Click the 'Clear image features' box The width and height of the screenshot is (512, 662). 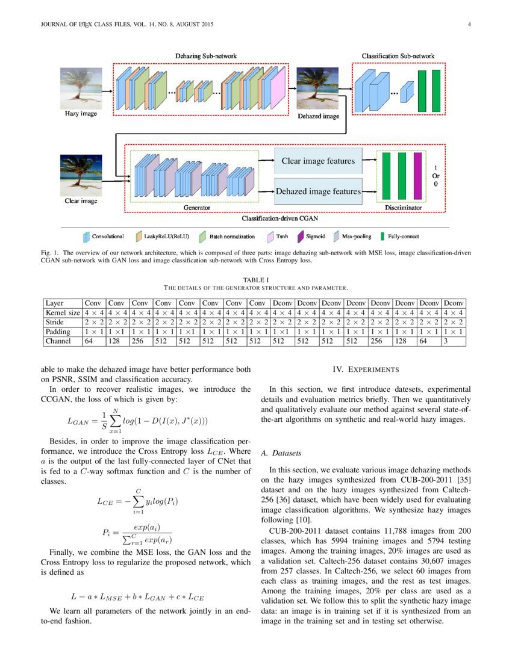[318, 161]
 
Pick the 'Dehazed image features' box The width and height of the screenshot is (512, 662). [318, 192]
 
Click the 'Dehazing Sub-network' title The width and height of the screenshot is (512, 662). [205, 56]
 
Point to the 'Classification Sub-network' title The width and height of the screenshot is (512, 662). [398, 56]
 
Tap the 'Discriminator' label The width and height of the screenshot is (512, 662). [403, 208]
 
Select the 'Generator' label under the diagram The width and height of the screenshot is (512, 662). [197, 208]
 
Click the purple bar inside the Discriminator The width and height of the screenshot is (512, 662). [417, 175]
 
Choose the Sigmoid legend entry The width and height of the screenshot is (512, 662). [314, 237]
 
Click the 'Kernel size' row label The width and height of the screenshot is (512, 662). [63, 313]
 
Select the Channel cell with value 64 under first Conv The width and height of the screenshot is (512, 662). [93, 341]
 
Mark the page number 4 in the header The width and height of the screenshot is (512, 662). [468, 25]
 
